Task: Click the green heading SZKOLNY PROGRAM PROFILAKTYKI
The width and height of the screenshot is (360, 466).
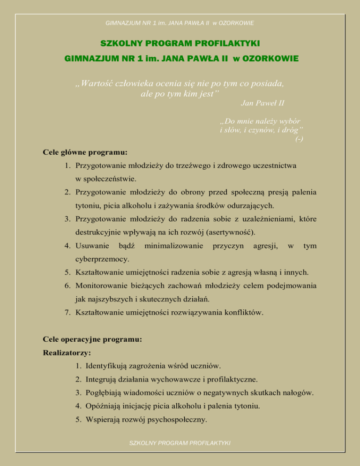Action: (x=180, y=44)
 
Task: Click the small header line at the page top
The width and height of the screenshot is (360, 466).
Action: (x=180, y=22)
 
